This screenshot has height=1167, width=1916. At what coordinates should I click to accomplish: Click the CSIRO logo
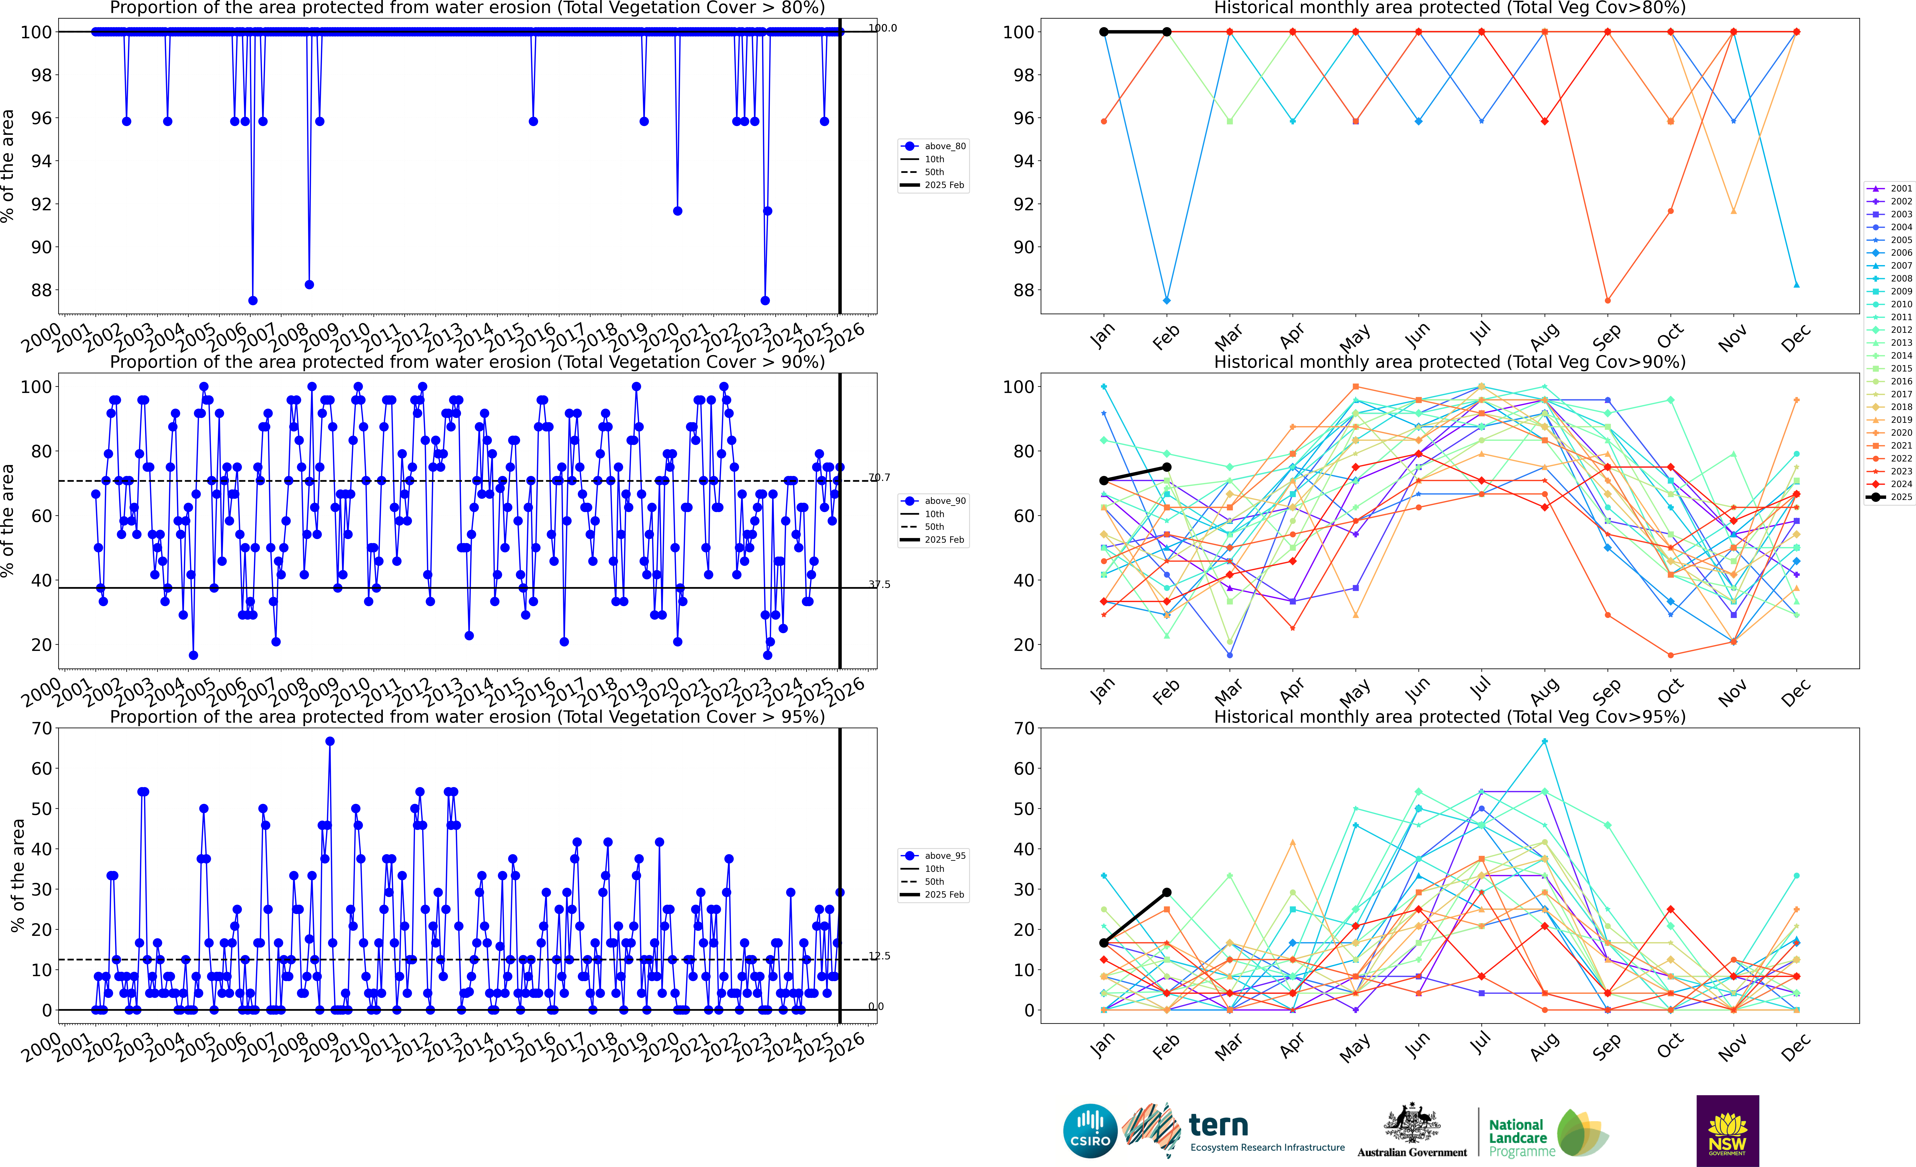click(1090, 1130)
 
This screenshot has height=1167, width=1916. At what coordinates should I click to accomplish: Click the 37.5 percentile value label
click(879, 584)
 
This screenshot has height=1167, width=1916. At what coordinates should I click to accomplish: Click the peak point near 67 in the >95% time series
click(330, 742)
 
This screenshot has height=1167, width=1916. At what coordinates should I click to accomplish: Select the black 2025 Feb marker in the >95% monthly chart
click(1166, 892)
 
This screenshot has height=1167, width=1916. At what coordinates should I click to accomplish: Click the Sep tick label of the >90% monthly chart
click(1607, 690)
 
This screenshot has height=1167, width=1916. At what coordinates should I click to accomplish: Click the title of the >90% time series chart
click(467, 362)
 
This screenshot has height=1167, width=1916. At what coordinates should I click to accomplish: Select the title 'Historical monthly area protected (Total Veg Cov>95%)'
click(1450, 717)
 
